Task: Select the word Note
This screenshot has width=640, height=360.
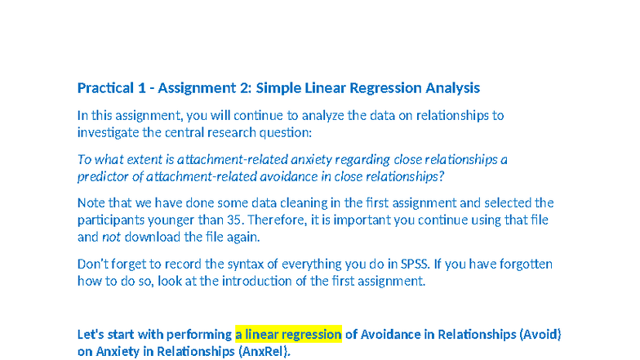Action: (91, 202)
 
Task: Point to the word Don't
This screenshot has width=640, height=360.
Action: (93, 264)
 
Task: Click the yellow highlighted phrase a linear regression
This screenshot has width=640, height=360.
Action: (288, 335)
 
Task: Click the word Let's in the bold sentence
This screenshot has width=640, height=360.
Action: (92, 335)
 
